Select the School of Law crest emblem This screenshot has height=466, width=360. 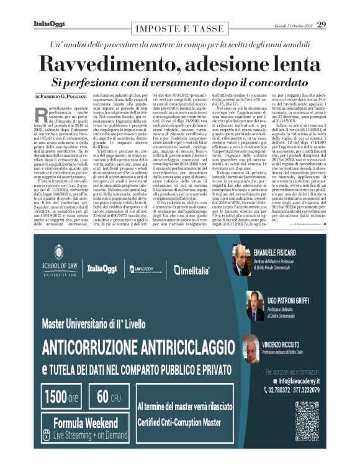(x=58, y=252)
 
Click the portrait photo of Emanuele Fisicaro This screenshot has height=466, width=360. (x=241, y=259)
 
